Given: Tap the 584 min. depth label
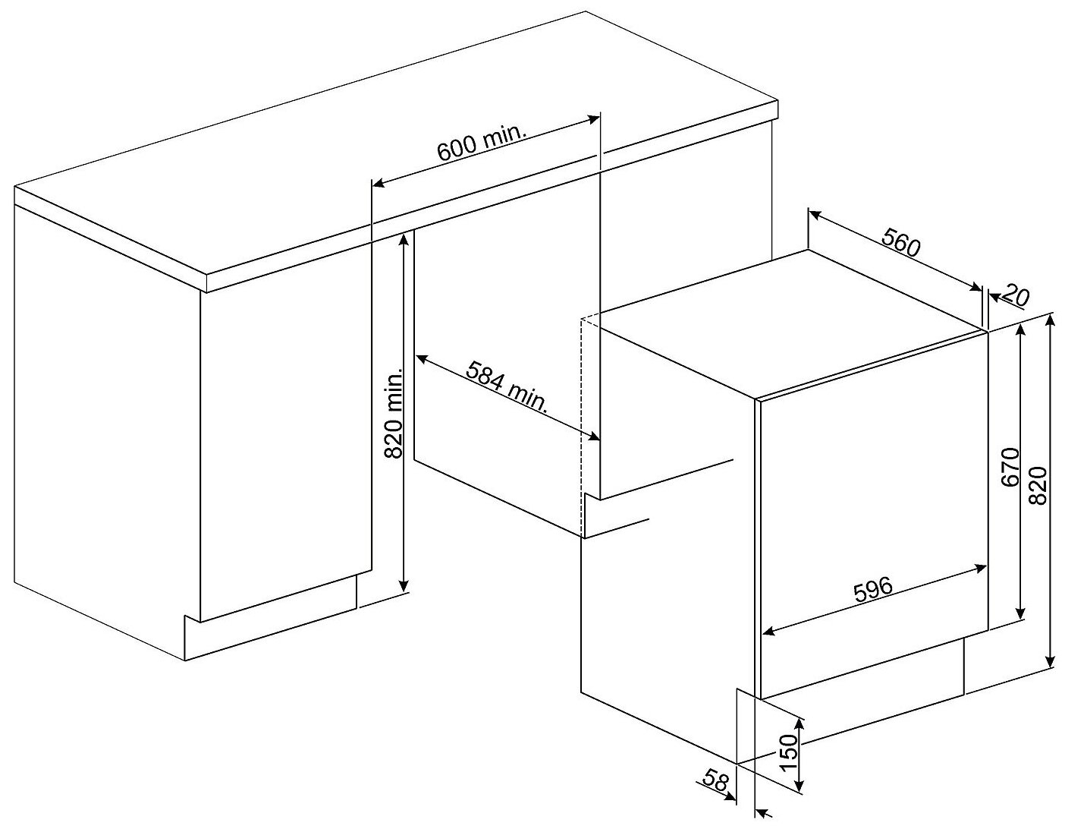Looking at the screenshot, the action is tap(506, 386).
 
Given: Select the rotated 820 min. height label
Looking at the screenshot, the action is tap(393, 413).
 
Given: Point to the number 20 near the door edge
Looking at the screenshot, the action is tap(1016, 298).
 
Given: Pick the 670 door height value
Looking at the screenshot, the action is tap(1010, 468).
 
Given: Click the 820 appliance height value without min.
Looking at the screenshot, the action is tap(1038, 486).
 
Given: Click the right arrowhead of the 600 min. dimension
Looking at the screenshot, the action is tap(594, 118).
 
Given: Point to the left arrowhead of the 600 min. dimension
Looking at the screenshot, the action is tap(379, 184).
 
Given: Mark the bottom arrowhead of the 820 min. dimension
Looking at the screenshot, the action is tap(404, 586).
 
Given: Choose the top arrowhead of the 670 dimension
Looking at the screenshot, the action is tap(1020, 331).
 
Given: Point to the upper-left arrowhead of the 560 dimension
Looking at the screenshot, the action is tap(814, 213).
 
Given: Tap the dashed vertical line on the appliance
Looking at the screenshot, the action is tap(582, 427).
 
